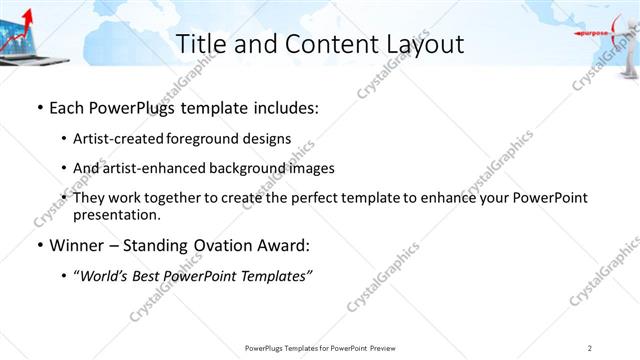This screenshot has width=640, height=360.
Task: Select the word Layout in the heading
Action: (x=420, y=44)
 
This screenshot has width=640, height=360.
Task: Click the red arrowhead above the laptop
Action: (x=22, y=12)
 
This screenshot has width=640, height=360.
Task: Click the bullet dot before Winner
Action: (x=39, y=245)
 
